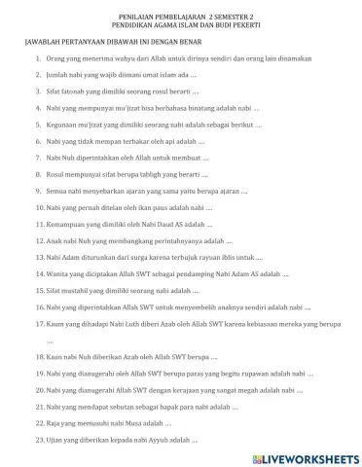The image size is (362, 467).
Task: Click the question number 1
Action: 38,60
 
